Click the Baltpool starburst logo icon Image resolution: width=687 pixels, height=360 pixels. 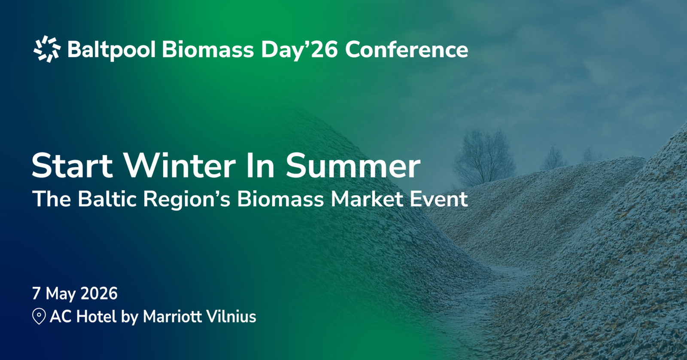47,49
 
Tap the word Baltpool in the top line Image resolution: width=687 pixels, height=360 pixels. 111,50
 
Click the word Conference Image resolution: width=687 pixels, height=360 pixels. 406,50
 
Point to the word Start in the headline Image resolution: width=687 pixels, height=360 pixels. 72,166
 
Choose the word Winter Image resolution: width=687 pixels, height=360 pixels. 179,166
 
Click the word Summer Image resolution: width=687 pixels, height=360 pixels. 353,166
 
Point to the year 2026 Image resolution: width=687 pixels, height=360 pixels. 99,293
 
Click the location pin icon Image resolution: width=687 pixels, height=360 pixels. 39,316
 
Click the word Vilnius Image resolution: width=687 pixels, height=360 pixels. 231,317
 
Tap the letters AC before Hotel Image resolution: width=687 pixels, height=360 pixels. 61,317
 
